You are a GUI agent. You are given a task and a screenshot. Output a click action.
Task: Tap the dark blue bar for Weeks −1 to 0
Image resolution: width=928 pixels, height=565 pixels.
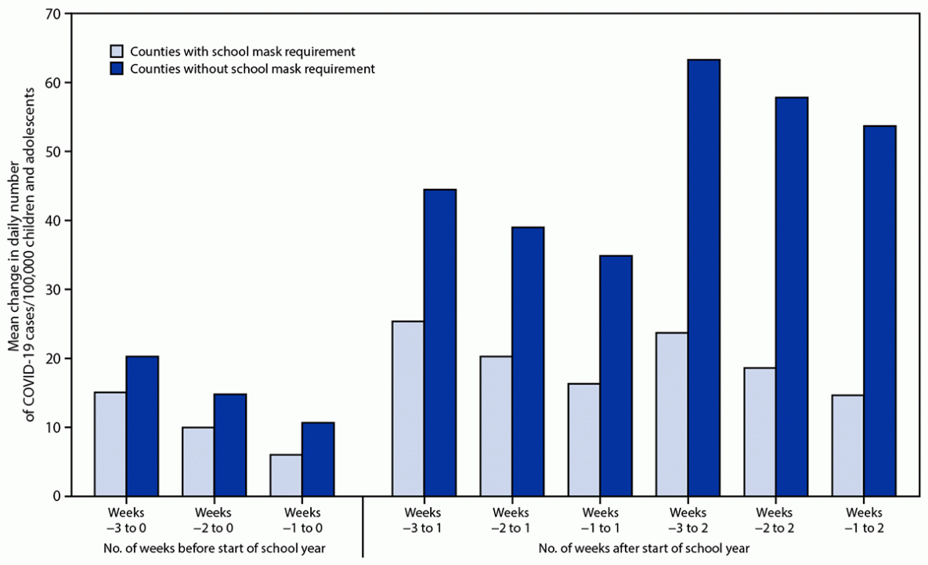click(x=318, y=459)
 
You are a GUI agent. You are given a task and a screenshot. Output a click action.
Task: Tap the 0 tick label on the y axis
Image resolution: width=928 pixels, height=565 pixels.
click(x=58, y=497)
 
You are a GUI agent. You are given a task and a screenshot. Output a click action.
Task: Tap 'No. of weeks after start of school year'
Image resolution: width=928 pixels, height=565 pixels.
click(x=643, y=548)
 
